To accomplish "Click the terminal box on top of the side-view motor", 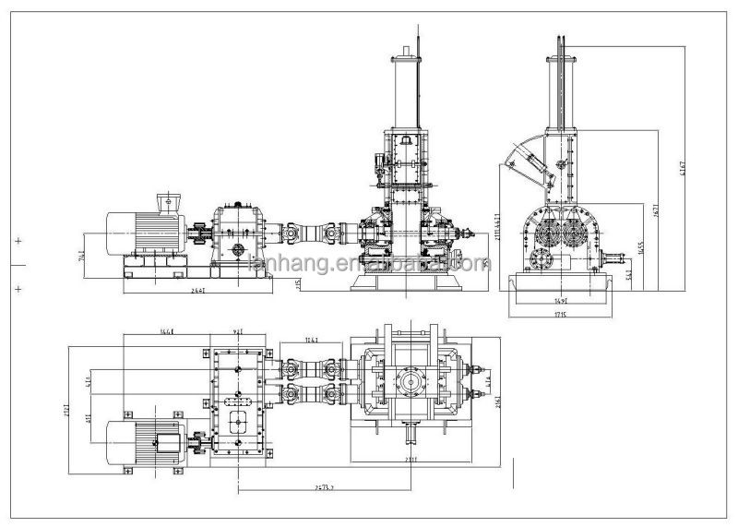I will (168, 201).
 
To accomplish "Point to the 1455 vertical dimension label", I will (640, 248).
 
